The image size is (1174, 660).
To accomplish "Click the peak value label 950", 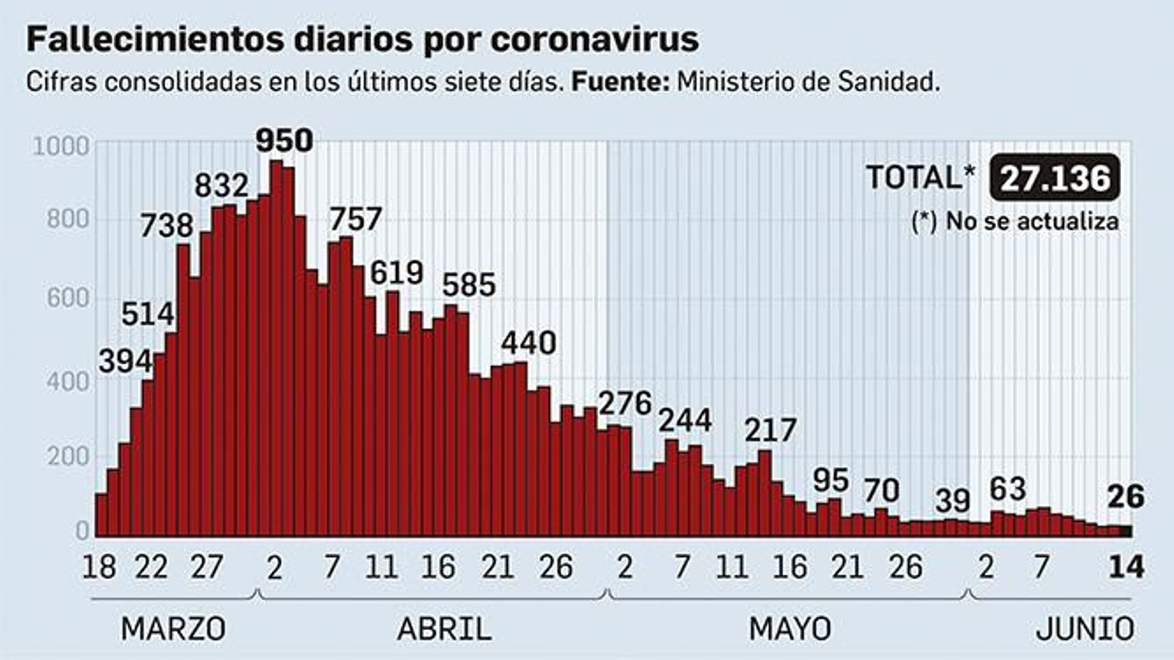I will [284, 140].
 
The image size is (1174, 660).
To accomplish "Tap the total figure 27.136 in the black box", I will [1055, 178].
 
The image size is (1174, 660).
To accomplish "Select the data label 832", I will [221, 186].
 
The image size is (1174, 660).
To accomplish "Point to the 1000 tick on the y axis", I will [61, 147].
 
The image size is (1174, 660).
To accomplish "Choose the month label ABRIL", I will [444, 629].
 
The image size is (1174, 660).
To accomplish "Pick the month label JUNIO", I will [1084, 629].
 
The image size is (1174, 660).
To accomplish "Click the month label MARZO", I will [173, 629].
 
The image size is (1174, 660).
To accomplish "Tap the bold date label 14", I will [1126, 567].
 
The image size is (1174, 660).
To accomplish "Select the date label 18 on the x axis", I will [99, 567].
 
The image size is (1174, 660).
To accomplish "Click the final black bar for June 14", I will [1125, 531].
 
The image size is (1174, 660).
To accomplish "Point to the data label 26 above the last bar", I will [1125, 497].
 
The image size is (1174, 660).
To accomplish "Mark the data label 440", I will [528, 343].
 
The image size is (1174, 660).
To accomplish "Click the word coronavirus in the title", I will [594, 40].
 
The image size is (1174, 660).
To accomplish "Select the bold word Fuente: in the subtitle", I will [620, 82].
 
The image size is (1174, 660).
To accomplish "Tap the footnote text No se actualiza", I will [1032, 221].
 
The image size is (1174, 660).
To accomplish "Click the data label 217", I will [770, 430].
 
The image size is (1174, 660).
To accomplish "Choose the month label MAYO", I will [790, 629].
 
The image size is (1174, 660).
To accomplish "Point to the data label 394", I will [125, 361].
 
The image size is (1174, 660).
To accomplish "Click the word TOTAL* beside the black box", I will [920, 178].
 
